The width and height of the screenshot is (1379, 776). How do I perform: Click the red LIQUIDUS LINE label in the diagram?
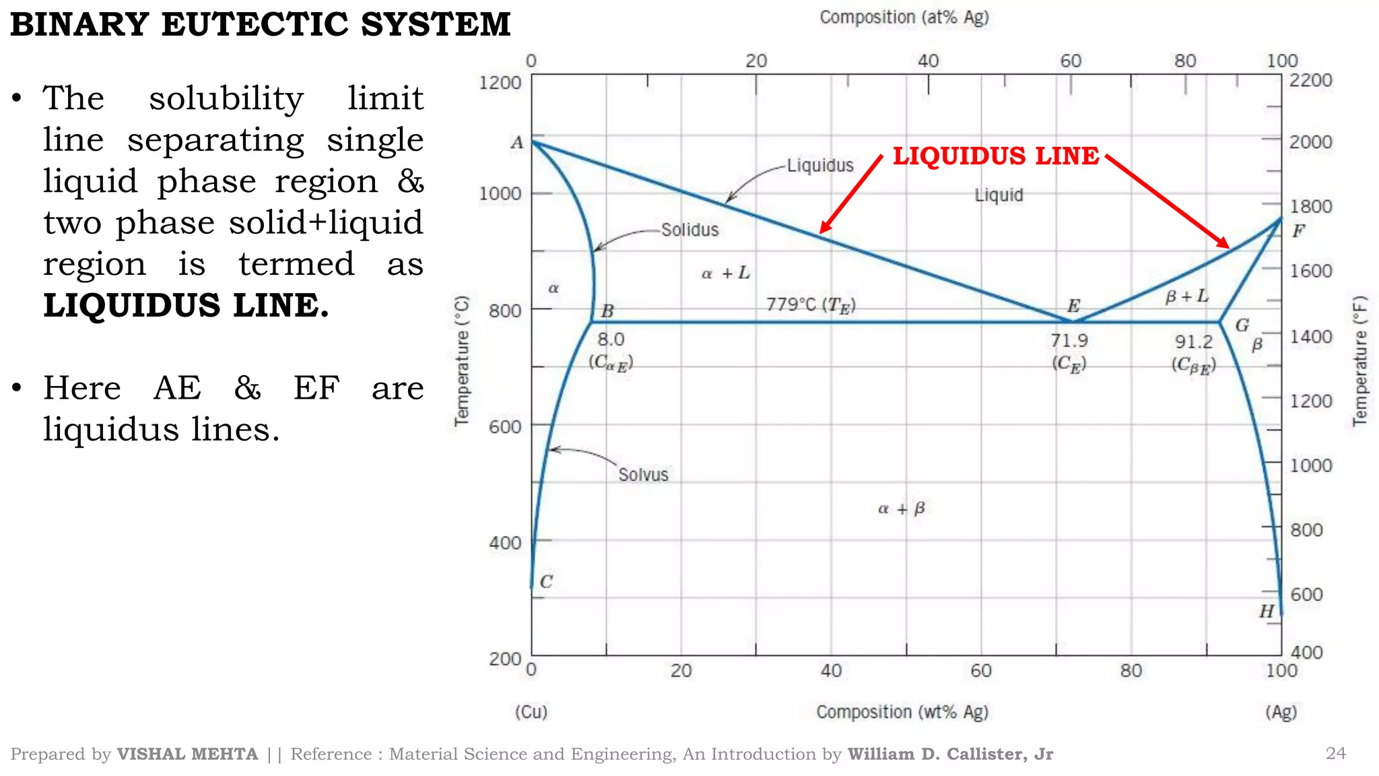pyautogui.click(x=995, y=156)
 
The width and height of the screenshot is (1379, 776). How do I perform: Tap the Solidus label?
pyautogui.click(x=689, y=230)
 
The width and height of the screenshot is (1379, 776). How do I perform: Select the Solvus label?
pyautogui.click(x=643, y=475)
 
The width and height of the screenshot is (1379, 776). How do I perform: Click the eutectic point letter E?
pyautogui.click(x=1073, y=306)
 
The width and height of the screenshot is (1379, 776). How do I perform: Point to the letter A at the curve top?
pyautogui.click(x=516, y=143)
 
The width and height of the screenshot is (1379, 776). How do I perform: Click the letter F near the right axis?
pyautogui.click(x=1298, y=231)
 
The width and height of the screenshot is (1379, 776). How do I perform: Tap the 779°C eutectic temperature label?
pyautogui.click(x=810, y=305)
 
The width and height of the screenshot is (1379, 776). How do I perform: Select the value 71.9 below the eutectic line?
pyautogui.click(x=1069, y=341)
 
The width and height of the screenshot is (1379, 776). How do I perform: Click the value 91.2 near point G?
pyautogui.click(x=1193, y=342)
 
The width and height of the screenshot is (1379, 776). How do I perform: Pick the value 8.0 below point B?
pyautogui.click(x=611, y=339)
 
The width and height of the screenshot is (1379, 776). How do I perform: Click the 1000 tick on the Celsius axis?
pyautogui.click(x=500, y=194)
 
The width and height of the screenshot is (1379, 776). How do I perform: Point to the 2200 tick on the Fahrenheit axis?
pyautogui.click(x=1310, y=80)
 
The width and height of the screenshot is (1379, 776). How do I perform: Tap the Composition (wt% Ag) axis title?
pyautogui.click(x=902, y=712)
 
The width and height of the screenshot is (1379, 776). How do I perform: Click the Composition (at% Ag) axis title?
pyautogui.click(x=904, y=18)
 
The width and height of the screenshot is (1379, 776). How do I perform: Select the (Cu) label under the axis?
pyautogui.click(x=531, y=712)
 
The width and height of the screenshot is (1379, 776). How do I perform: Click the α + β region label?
pyautogui.click(x=901, y=509)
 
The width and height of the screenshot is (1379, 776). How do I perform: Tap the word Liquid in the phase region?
pyautogui.click(x=999, y=195)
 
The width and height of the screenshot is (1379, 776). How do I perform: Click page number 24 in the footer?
pyautogui.click(x=1335, y=753)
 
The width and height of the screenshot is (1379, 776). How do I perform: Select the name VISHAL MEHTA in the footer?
pyautogui.click(x=187, y=754)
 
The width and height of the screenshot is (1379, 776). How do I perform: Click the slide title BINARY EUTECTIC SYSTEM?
pyautogui.click(x=261, y=24)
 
